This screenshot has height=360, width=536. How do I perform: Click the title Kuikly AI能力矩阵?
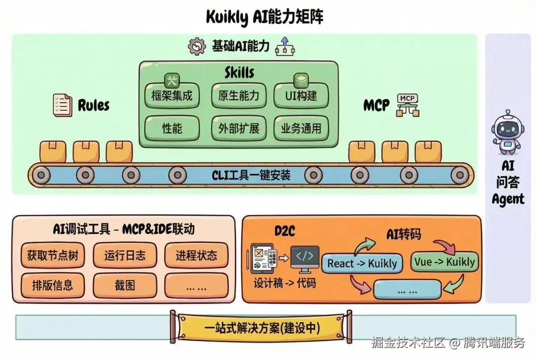click(x=265, y=17)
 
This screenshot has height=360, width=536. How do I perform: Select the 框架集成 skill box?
click(x=172, y=95)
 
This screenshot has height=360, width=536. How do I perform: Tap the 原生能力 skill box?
click(x=238, y=95)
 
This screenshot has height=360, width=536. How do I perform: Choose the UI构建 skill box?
click(x=301, y=95)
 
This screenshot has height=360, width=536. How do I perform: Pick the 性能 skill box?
click(x=172, y=128)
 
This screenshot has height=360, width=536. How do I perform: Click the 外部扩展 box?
click(x=238, y=128)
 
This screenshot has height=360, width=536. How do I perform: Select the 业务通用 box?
click(x=301, y=128)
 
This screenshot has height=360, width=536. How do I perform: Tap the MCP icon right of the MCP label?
click(x=407, y=105)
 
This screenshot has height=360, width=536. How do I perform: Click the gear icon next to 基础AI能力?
click(x=197, y=47)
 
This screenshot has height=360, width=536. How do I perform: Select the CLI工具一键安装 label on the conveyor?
click(x=251, y=175)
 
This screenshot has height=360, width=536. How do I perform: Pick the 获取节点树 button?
click(x=53, y=255)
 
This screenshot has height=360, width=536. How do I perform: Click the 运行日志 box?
click(x=125, y=255)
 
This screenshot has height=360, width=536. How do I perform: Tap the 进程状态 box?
click(x=196, y=255)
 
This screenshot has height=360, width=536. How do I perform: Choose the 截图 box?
click(x=125, y=285)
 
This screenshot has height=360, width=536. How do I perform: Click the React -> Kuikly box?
click(x=362, y=263)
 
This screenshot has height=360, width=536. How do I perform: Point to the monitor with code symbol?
click(x=304, y=258)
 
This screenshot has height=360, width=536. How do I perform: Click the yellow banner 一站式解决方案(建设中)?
click(x=262, y=328)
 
